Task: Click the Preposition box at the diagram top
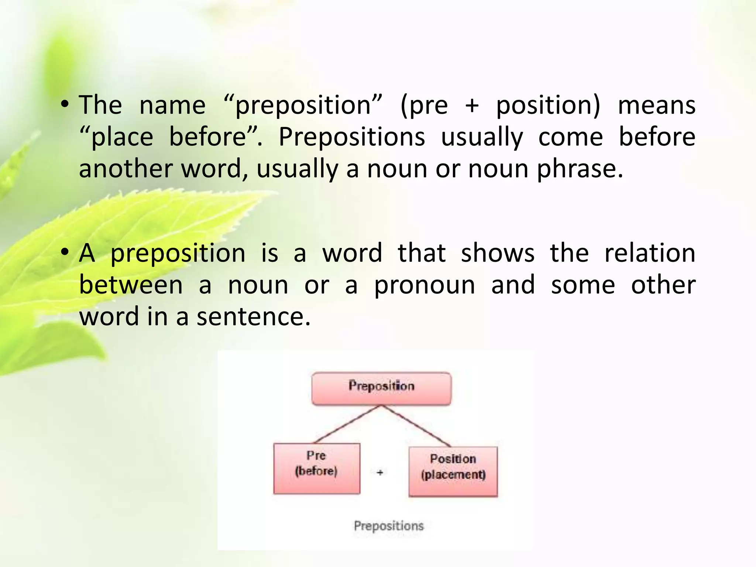click(x=381, y=388)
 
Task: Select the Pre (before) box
click(x=316, y=468)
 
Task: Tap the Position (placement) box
click(x=453, y=471)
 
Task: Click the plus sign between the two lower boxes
click(x=380, y=472)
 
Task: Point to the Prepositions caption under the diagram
click(x=388, y=525)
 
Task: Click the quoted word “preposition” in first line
click(x=303, y=106)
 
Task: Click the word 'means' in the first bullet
click(x=656, y=106)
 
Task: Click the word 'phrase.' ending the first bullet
click(x=580, y=169)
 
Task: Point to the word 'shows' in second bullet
click(x=497, y=254)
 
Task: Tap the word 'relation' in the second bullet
click(x=650, y=254)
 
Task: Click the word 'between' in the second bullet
click(x=131, y=285)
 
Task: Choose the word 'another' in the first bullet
click(x=126, y=169)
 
